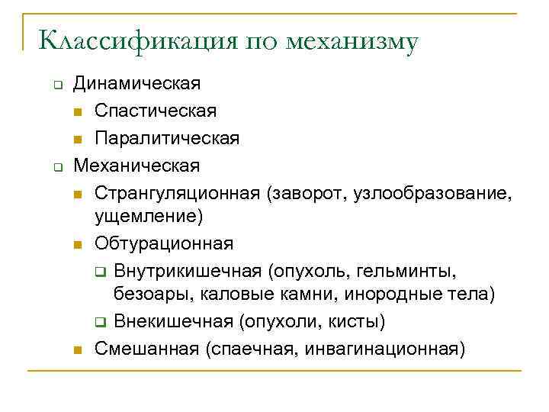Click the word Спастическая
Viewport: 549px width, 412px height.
tap(156, 111)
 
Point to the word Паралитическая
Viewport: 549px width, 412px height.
tap(167, 138)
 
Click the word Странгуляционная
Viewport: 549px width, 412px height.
tap(178, 193)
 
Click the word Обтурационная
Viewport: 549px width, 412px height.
tap(164, 244)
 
